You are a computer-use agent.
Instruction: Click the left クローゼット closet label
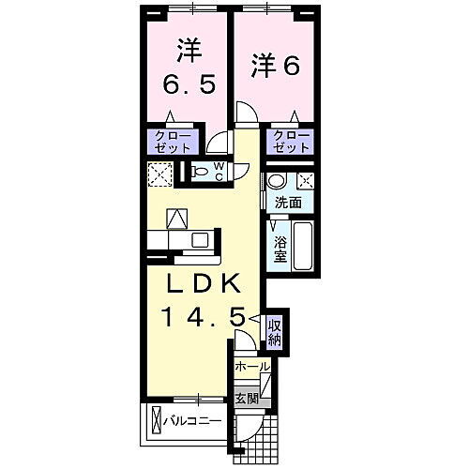pyautogui.click(x=172, y=142)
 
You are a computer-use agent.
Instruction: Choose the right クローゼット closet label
pyautogui.click(x=291, y=143)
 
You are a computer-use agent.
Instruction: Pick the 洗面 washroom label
pyautogui.click(x=288, y=202)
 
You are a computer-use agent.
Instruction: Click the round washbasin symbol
pyautogui.click(x=276, y=181)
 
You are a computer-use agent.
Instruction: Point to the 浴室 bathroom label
pyautogui.click(x=280, y=249)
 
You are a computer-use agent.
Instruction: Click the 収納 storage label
pyautogui.click(x=275, y=331)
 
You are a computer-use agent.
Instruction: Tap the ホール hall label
pyautogui.click(x=251, y=367)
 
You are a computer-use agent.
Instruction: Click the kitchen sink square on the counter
pyautogui.click(x=199, y=240)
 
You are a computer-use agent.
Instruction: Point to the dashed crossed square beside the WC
pyautogui.click(x=159, y=174)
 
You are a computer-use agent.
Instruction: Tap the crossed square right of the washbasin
pyautogui.click(x=305, y=181)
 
